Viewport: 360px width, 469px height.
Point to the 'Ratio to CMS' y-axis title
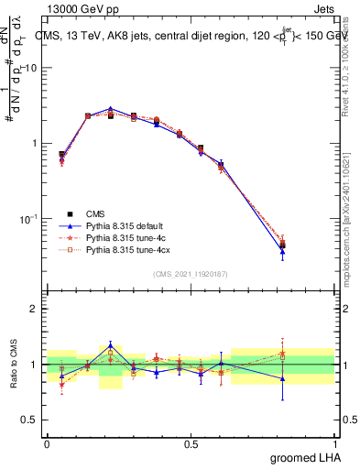point(16,365)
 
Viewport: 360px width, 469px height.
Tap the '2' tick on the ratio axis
point(34,309)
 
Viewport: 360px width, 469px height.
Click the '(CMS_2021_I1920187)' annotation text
point(191,274)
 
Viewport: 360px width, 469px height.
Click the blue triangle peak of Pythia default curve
point(110,109)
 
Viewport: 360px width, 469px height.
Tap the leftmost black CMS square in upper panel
point(61,155)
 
